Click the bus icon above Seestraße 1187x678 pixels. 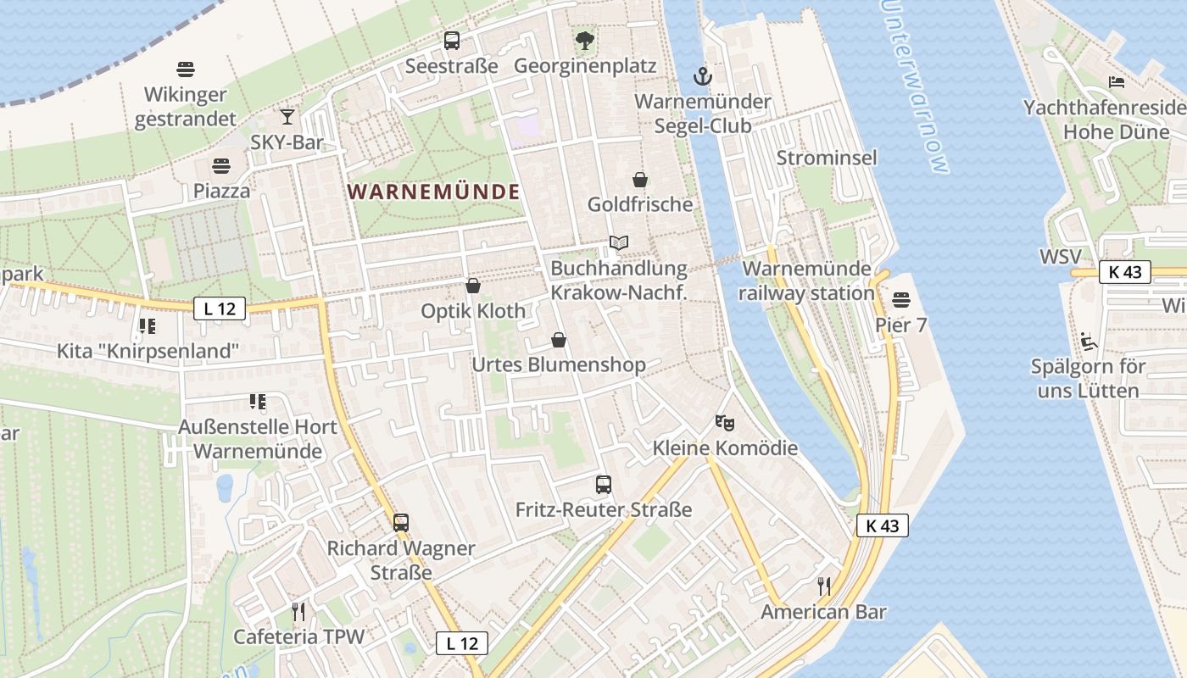[452, 40]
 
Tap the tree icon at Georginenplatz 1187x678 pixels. [584, 40]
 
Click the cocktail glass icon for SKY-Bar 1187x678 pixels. [288, 117]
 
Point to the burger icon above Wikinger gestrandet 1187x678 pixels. [186, 69]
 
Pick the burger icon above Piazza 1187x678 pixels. [221, 165]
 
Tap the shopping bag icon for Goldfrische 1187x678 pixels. [640, 180]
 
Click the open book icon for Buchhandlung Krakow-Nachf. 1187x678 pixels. [619, 243]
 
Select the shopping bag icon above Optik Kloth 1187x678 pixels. [473, 286]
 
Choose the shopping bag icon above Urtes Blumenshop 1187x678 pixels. [559, 340]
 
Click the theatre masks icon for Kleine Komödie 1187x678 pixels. [724, 422]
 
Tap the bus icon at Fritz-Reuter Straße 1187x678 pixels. [604, 485]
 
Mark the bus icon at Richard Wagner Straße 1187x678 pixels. [401, 523]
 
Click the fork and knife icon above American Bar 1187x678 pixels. [822, 586]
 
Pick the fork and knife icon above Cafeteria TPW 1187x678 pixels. [298, 611]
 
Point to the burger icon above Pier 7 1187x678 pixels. [900, 300]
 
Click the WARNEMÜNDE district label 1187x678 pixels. [433, 192]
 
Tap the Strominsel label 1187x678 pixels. [827, 158]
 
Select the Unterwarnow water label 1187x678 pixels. [914, 85]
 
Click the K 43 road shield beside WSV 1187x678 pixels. [1125, 272]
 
